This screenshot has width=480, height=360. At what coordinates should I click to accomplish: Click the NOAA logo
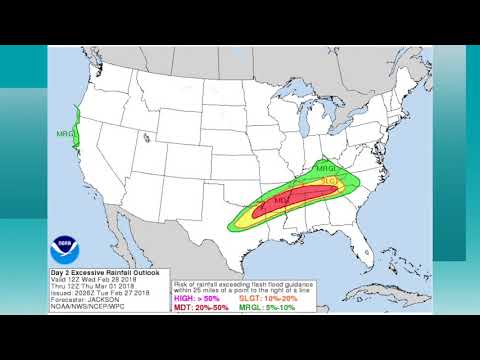(x=68, y=245)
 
